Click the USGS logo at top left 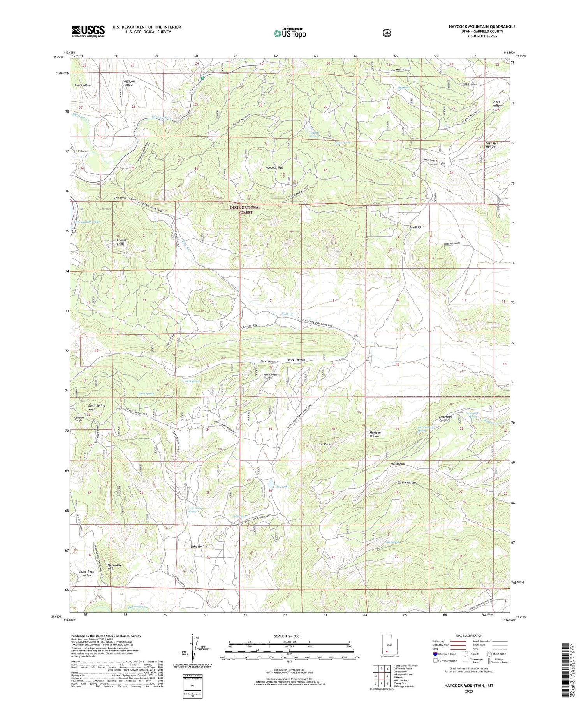(88, 31)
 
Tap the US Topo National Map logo (290, 33)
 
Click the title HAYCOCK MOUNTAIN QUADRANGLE (482, 26)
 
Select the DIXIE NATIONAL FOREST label (245, 210)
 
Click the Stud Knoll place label (324, 444)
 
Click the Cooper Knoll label (121, 242)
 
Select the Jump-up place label (415, 227)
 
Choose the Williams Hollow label (129, 83)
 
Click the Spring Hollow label (406, 483)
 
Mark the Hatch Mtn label (398, 464)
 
